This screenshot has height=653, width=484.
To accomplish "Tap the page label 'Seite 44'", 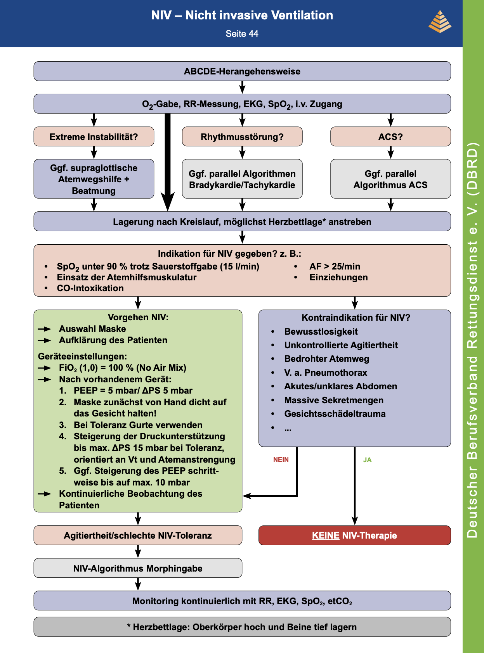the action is point(242,34).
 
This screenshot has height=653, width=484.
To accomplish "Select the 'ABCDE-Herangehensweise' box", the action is point(242,71).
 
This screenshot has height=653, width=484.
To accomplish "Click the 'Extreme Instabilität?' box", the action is point(94,136).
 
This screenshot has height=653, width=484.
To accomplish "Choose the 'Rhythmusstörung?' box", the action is point(242,136).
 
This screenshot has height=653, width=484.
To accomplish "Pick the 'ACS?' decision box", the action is point(390,136).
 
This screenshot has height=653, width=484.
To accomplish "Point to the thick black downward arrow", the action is point(167,162).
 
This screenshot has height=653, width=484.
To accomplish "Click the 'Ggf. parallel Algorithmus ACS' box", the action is point(390,179).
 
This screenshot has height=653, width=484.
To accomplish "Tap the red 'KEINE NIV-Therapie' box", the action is point(355,535).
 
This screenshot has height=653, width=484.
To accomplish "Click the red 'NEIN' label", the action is point(281,460).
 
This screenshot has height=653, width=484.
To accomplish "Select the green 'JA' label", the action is point(367,460).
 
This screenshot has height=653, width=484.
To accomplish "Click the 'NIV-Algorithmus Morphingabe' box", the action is point(138,568).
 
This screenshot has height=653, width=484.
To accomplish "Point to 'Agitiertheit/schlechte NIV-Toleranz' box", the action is point(138,535).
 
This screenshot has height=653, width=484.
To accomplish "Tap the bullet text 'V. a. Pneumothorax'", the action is point(326,372).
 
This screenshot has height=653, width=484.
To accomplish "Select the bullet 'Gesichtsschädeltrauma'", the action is point(335,414).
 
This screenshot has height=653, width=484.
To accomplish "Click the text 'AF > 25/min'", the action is point(335,266).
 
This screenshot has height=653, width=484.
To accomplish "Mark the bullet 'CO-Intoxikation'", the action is point(90,288).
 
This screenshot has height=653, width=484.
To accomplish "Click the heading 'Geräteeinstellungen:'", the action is point(83,356).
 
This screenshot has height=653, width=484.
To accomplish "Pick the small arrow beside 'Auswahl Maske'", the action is point(45,329).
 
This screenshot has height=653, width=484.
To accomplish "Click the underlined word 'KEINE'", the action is point(326,535).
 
